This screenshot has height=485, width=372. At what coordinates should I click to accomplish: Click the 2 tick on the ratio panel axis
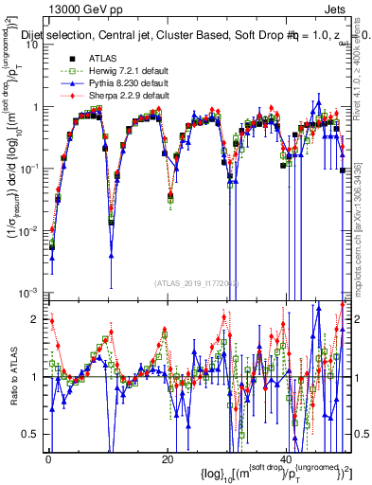pyautogui.click(x=35, y=320)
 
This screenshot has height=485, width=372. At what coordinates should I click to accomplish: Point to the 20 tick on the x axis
pyautogui.click(x=168, y=458)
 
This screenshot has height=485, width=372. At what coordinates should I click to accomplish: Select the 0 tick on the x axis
pyautogui.click(x=47, y=458)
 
